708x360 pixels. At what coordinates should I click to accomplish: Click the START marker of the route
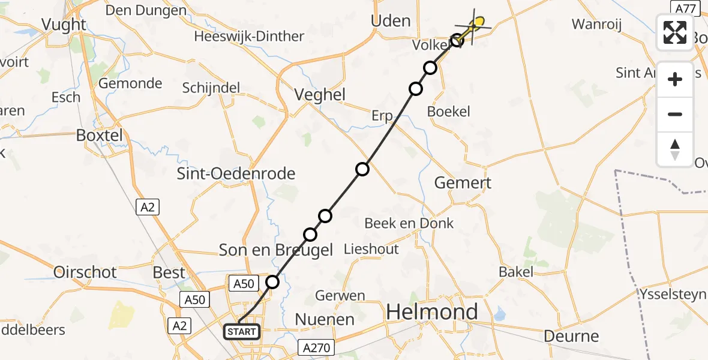point(242,332)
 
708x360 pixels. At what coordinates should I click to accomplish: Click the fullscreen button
point(675,32)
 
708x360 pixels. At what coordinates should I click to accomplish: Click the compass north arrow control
point(675,149)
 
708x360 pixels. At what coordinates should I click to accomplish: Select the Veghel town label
point(320,94)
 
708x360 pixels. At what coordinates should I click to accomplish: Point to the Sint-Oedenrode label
point(236,174)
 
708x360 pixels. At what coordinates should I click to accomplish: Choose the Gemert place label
point(463,183)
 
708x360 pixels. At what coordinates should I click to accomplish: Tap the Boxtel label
point(99,136)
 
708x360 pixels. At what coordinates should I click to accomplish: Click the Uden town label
point(391,21)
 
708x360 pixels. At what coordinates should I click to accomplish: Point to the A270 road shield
point(316,347)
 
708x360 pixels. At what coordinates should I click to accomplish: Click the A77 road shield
point(685,8)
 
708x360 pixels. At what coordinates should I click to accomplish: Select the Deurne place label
point(571,336)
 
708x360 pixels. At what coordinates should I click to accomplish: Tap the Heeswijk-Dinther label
point(249,37)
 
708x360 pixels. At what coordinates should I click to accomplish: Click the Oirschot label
point(85,272)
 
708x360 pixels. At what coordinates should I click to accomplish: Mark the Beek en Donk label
point(409,223)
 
